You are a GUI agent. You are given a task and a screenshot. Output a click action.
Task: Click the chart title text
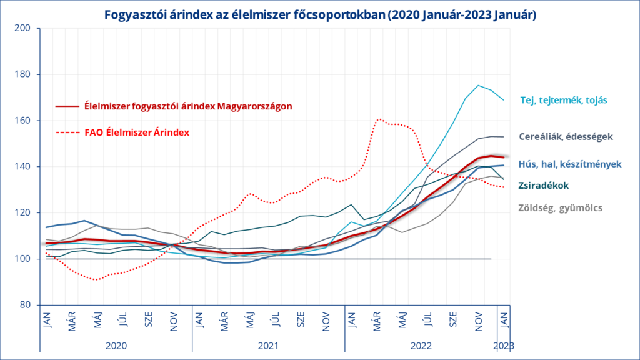click(319, 14)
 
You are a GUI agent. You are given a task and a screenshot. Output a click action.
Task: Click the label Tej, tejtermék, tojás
click(564, 99)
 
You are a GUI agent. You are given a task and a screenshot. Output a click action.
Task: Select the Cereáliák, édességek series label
click(566, 136)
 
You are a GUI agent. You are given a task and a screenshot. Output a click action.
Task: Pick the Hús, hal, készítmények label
click(569, 164)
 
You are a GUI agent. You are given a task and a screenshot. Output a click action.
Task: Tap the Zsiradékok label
click(543, 185)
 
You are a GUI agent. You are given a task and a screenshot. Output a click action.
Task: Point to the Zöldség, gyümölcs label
click(560, 207)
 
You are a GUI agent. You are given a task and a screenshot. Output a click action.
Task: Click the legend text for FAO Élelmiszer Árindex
click(137, 132)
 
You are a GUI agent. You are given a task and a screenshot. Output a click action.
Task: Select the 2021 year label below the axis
click(268, 345)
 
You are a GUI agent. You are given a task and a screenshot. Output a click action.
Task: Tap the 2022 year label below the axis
click(421, 345)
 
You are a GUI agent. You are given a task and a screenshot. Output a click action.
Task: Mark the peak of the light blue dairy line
click(478, 86)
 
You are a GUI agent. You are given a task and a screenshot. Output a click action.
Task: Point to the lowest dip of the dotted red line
click(95, 279)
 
